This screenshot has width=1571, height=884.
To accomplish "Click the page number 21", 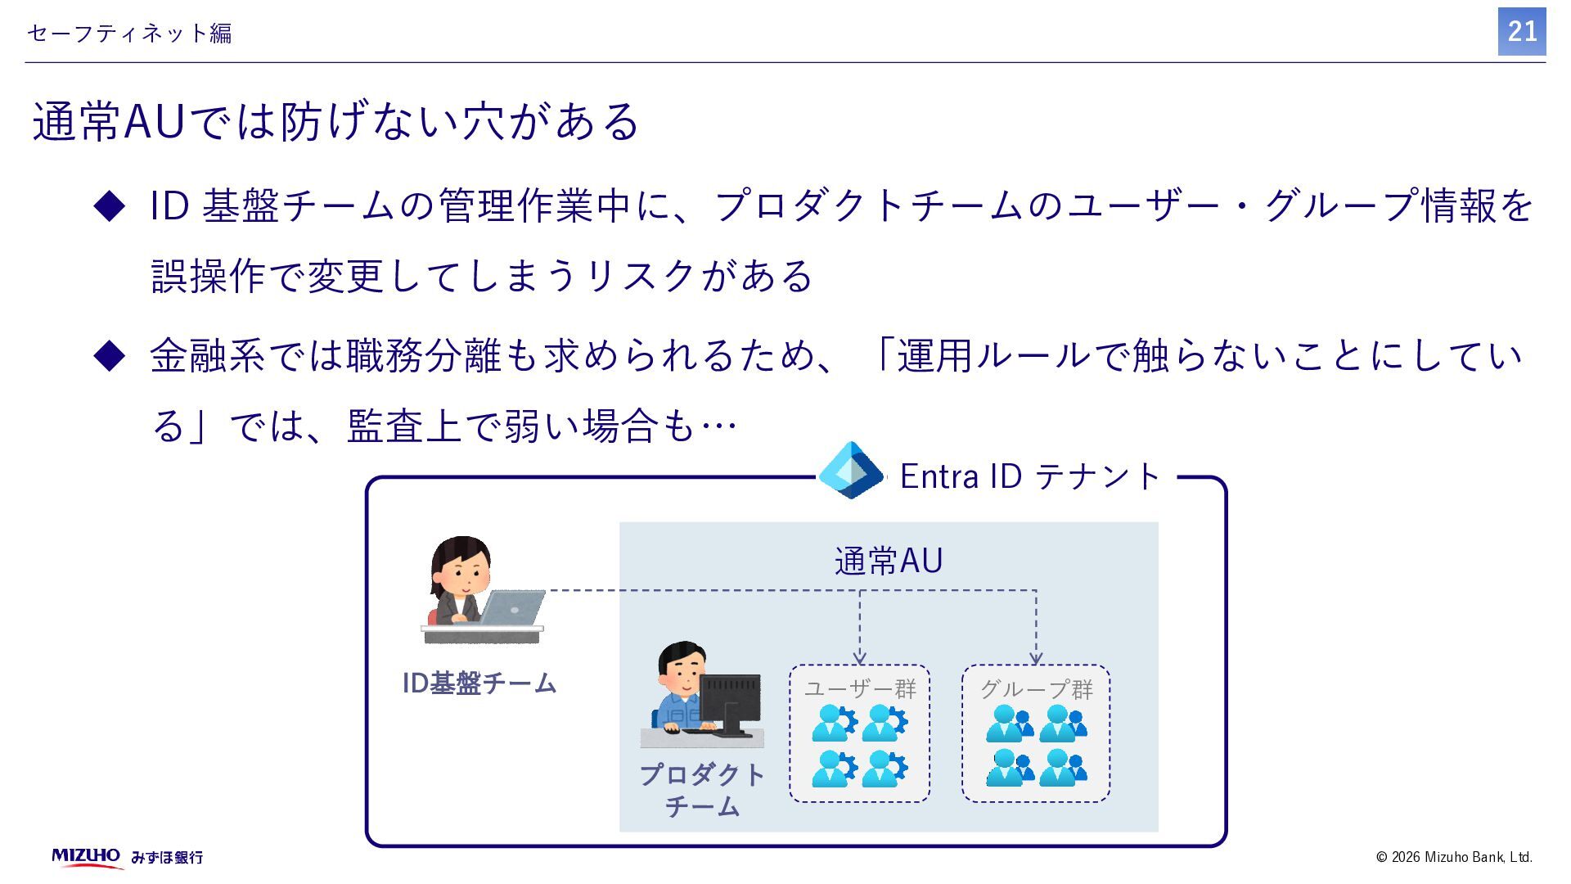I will coord(1521,32).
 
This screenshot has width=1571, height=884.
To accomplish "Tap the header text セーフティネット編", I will coord(129,34).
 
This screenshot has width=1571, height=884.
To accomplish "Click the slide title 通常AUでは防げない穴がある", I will coord(335,122).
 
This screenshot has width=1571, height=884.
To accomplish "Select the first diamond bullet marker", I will coord(110,205).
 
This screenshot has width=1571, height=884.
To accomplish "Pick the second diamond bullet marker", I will coord(110,356).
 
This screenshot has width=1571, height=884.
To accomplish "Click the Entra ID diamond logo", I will coord(851,471).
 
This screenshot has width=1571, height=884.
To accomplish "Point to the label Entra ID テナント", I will coord(1030,476).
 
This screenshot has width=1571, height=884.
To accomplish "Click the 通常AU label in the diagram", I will coord(889,562).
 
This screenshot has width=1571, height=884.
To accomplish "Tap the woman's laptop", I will coord(513,608).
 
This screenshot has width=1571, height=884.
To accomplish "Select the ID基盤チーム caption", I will coord(479,683).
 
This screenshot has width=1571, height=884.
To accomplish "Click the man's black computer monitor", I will coord(730,701).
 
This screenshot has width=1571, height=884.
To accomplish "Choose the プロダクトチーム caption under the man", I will coord(702,790).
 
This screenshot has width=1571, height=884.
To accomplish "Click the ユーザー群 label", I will coord(860,689).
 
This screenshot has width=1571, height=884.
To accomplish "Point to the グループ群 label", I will coord(1037,689).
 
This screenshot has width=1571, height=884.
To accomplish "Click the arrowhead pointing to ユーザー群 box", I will coord(859,658).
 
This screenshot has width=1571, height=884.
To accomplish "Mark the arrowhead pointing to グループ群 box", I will coord(1036,658).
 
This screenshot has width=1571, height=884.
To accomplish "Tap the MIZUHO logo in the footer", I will coord(86,856).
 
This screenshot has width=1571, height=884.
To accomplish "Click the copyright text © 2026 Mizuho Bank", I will coord(1454,857).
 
